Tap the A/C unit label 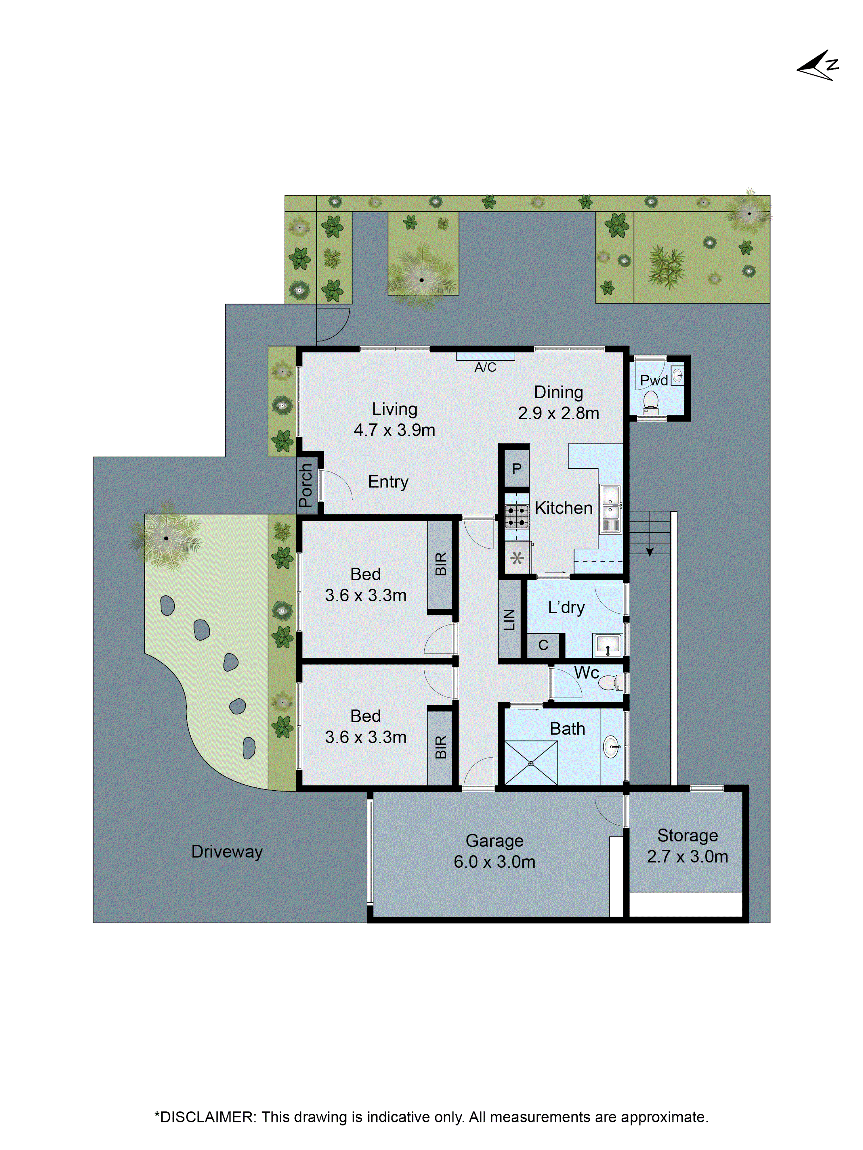(485, 367)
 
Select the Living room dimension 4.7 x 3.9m (394, 430)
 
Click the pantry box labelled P (517, 469)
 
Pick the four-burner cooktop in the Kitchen (517, 517)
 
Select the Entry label (388, 482)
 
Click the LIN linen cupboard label (509, 620)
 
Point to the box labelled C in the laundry (543, 645)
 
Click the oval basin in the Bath (612, 747)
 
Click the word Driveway (227, 852)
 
